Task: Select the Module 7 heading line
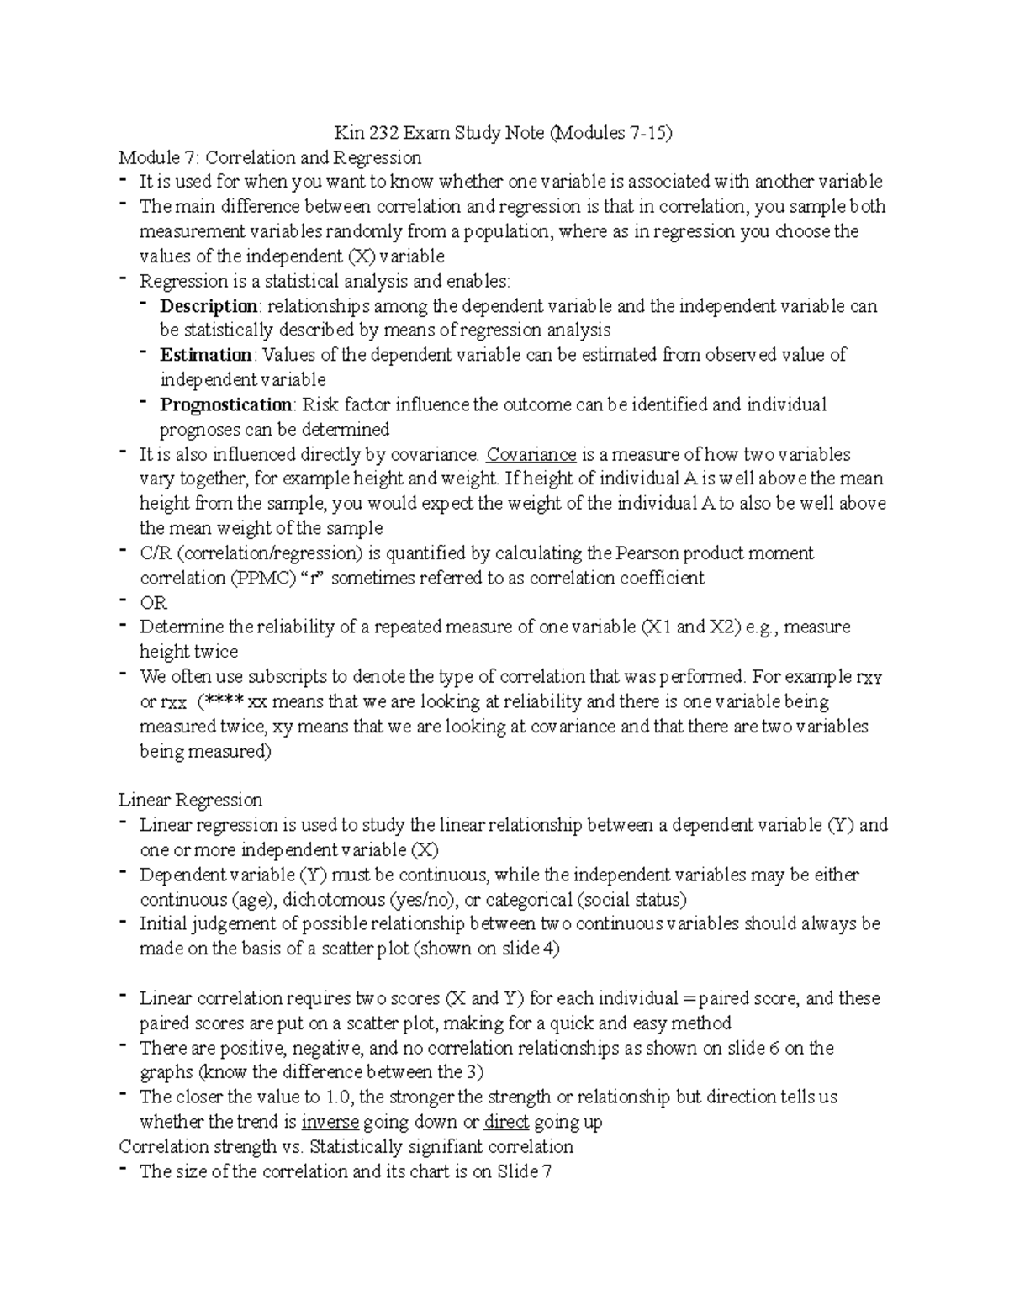(270, 157)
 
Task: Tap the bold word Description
(209, 306)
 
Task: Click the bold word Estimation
(206, 355)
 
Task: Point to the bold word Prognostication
(226, 404)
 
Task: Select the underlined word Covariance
(531, 454)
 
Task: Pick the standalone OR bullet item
(153, 603)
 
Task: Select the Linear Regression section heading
(190, 800)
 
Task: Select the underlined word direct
(506, 1122)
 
